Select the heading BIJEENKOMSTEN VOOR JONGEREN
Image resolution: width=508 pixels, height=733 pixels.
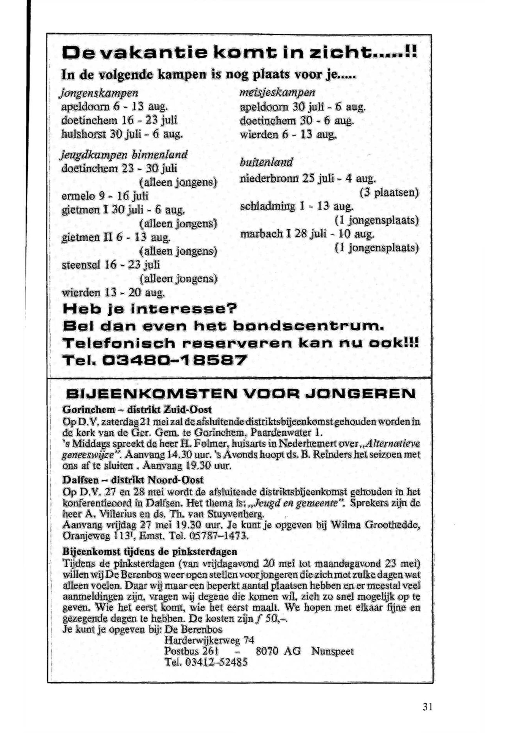[x=241, y=394]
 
